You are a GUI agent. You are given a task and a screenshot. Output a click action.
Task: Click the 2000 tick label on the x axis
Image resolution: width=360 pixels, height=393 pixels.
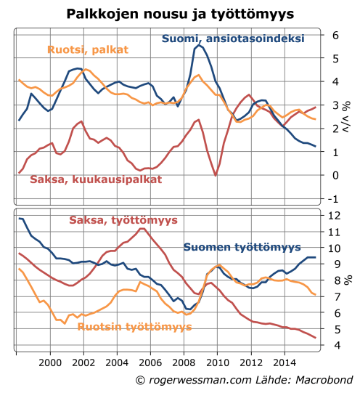pos(50,362)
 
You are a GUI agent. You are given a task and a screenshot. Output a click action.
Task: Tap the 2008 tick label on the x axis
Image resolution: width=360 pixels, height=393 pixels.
pos(184,362)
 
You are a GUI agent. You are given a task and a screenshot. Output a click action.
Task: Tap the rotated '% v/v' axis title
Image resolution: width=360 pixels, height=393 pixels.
pos(347,116)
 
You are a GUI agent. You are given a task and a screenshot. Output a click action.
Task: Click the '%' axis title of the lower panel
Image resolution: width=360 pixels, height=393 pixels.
pos(347,280)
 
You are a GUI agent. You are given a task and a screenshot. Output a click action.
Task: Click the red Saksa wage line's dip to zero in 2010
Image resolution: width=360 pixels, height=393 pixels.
pos(217,175)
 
